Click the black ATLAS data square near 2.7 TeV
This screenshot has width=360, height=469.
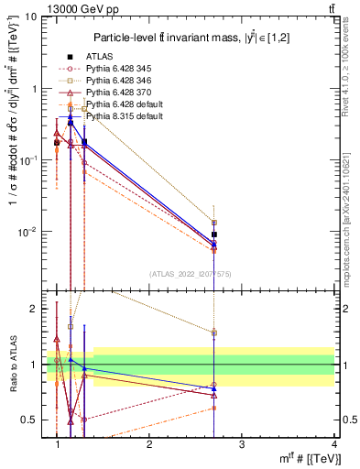click(214, 234)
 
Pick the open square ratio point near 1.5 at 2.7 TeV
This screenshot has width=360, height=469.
click(214, 333)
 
